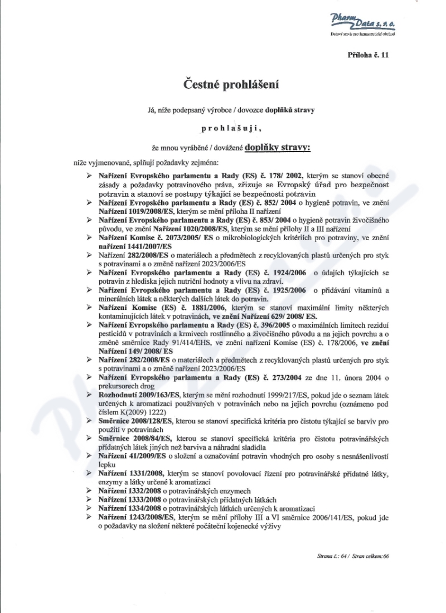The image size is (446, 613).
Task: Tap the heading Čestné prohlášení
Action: pyautogui.click(x=231, y=85)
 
